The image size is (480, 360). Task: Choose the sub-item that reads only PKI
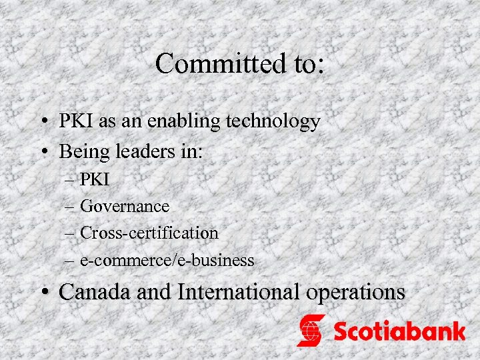[95, 179]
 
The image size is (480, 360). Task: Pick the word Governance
[125, 207]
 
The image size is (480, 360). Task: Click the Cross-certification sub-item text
[149, 233]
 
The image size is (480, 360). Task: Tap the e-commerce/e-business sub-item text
[167, 260]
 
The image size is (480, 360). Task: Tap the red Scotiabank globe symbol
[311, 331]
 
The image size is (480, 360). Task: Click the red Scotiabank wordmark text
[399, 331]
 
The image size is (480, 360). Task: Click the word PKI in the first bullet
[73, 121]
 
